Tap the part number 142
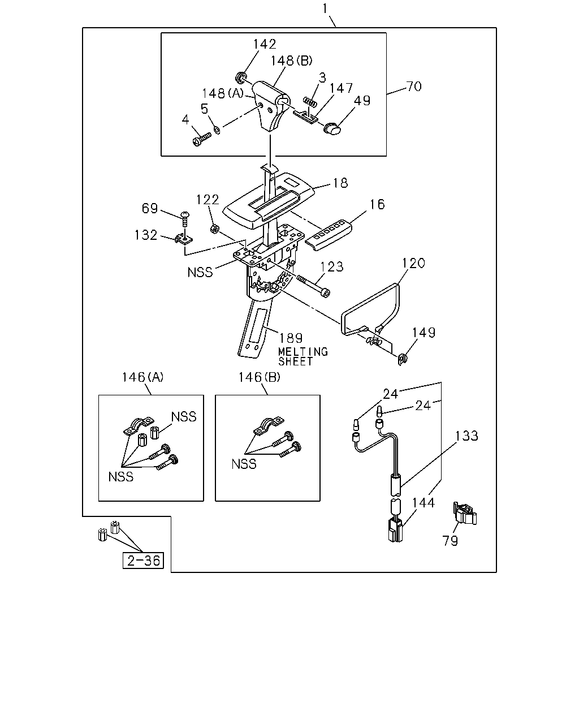point(265,44)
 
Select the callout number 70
point(414,87)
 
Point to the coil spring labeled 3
point(310,102)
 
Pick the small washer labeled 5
point(217,129)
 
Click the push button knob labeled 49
point(332,129)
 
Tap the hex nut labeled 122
point(215,230)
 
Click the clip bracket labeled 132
point(184,239)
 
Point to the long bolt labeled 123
point(313,285)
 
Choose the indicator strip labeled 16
point(329,235)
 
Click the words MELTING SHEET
point(303,356)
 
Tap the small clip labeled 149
point(402,359)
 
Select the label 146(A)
point(142,377)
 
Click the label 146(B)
point(260,377)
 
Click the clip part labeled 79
point(465,514)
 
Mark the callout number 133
point(466,436)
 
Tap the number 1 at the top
point(325,8)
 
